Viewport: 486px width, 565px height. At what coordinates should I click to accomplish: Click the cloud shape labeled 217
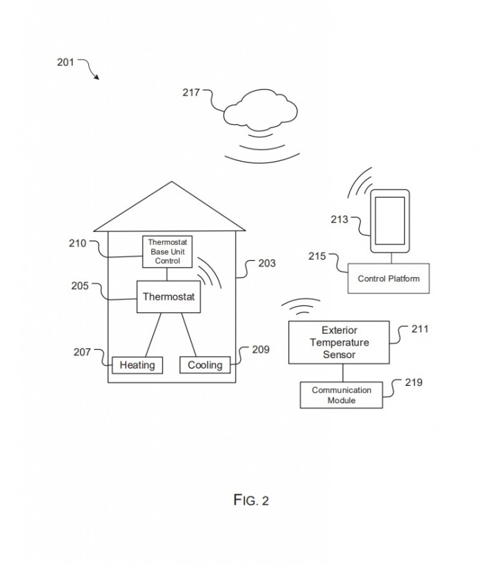tap(261, 109)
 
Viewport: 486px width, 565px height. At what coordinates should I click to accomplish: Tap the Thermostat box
tap(168, 296)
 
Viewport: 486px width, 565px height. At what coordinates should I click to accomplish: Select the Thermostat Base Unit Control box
tap(167, 251)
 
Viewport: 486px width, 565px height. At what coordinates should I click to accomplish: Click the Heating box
tap(137, 364)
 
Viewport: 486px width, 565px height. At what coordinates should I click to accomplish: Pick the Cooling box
tap(205, 364)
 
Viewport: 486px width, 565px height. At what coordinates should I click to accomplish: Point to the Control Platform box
tap(389, 279)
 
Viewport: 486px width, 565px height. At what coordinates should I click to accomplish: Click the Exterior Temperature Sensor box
tap(340, 342)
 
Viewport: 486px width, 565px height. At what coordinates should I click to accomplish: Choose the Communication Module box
tap(341, 395)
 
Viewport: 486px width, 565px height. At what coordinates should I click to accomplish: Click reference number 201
tap(65, 62)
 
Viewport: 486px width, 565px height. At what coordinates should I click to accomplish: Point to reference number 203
tap(266, 263)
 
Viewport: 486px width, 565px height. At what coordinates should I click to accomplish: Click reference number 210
tap(78, 243)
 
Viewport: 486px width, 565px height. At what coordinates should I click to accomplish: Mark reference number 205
tap(79, 285)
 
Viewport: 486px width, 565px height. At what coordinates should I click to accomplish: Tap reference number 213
tap(340, 221)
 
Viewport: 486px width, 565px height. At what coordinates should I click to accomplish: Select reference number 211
tap(419, 329)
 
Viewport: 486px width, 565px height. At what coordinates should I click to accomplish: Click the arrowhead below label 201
tap(97, 76)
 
